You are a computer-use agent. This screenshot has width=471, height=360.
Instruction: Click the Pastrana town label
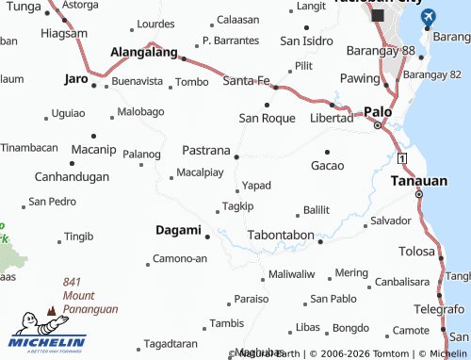click(x=205, y=150)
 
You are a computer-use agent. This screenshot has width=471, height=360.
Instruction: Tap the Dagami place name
click(x=178, y=230)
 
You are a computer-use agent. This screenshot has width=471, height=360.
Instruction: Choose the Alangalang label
click(x=145, y=53)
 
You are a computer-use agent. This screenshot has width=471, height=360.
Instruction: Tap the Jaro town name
click(x=75, y=79)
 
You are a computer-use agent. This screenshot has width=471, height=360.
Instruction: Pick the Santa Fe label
click(x=246, y=82)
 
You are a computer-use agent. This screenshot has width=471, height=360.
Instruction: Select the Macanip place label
click(x=93, y=150)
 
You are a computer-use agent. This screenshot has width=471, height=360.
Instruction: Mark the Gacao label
click(x=327, y=165)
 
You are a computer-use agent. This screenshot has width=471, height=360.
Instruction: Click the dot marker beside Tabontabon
click(x=320, y=241)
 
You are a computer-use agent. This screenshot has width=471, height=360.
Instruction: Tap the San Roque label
click(x=267, y=118)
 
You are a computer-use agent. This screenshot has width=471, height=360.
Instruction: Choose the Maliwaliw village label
click(x=290, y=274)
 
